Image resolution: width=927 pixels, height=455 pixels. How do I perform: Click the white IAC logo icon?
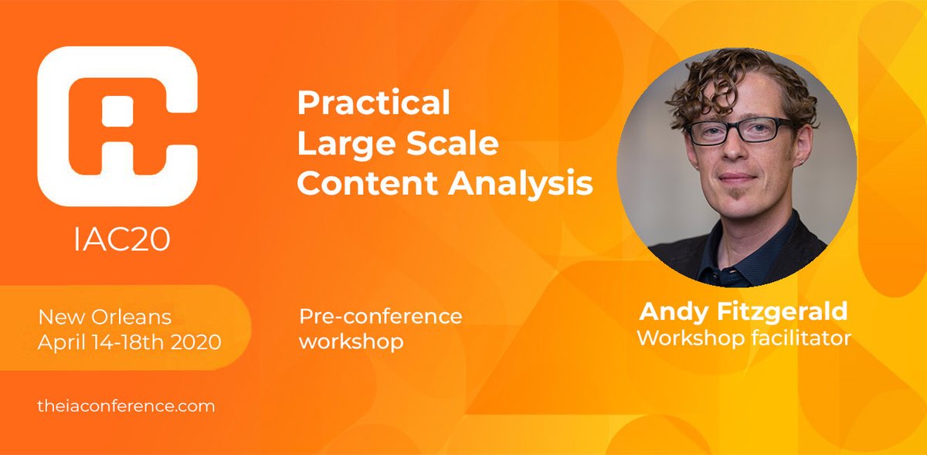point(117,125)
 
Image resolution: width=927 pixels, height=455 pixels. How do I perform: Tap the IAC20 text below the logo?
point(122,240)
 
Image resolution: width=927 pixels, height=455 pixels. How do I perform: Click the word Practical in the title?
point(374,103)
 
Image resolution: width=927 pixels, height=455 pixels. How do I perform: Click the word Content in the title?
point(367,183)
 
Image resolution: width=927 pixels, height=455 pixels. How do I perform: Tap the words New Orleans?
point(104,317)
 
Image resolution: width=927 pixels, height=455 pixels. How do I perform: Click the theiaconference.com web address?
point(126,406)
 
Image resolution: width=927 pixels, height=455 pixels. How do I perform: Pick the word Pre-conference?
point(380,316)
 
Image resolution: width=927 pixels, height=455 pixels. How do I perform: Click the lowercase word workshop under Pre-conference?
point(351,341)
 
